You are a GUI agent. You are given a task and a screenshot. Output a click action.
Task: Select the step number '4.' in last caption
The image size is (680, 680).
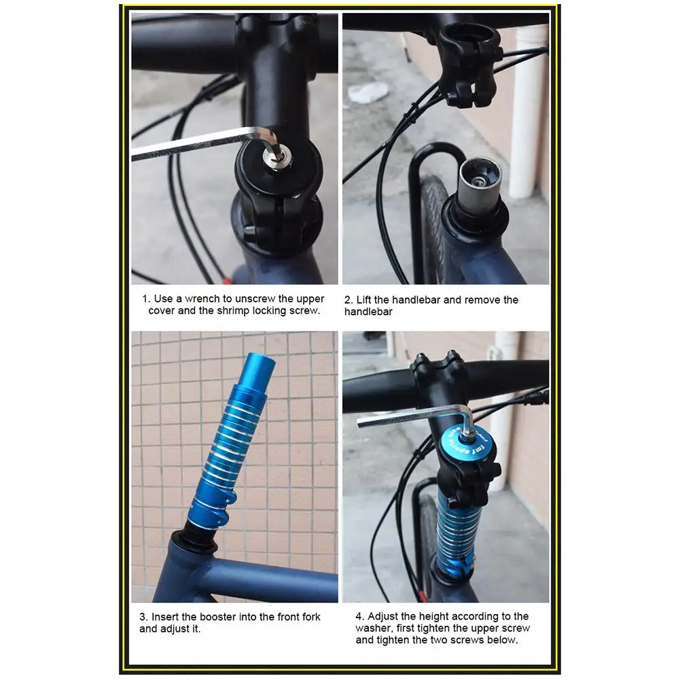(x=359, y=617)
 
